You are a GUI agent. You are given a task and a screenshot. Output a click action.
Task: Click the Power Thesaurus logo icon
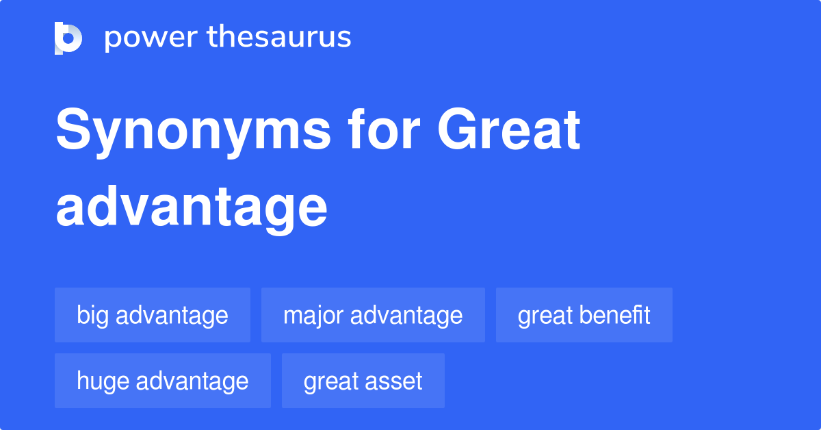tap(68, 38)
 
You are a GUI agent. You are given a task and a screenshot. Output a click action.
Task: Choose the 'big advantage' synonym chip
tap(153, 315)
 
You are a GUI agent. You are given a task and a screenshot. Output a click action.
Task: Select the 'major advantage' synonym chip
tap(373, 315)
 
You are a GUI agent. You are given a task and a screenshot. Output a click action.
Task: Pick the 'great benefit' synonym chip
tap(584, 315)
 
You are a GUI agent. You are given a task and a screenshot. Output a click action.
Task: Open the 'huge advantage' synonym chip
tap(163, 381)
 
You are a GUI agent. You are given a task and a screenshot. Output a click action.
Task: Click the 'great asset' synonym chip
tap(363, 381)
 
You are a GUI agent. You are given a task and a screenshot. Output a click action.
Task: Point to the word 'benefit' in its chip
tap(614, 315)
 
